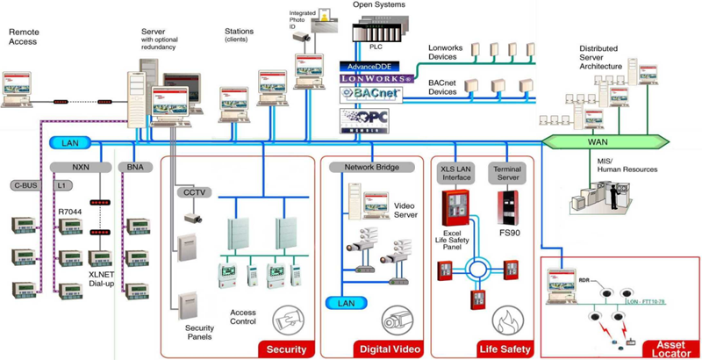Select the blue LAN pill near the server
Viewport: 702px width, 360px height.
click(x=70, y=142)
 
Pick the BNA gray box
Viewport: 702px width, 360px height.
click(x=135, y=166)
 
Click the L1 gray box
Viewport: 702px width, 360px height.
click(x=61, y=185)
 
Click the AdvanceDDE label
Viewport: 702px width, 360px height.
click(x=369, y=66)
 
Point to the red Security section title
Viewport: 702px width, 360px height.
click(x=286, y=349)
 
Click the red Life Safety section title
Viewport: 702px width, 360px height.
click(x=505, y=349)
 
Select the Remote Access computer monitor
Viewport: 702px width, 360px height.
click(x=22, y=88)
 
